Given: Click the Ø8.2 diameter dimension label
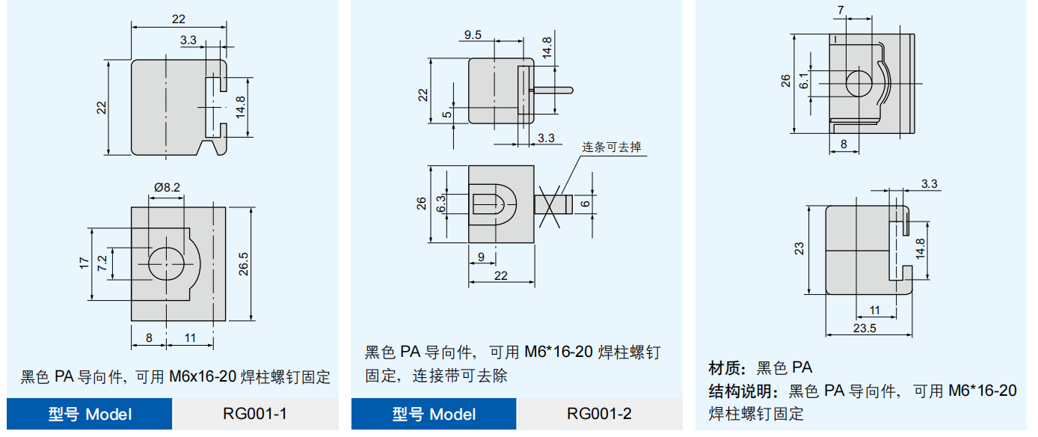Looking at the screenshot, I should click(x=167, y=187).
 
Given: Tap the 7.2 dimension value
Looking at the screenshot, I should click(x=102, y=263).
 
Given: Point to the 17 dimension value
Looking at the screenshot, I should click(x=84, y=263).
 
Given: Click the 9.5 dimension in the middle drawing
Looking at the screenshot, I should click(x=473, y=34).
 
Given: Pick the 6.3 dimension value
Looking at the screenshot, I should click(x=440, y=203).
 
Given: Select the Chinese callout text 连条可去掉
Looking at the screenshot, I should click(x=612, y=147).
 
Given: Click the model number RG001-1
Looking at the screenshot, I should click(x=254, y=414).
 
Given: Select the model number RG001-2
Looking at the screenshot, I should click(x=599, y=414).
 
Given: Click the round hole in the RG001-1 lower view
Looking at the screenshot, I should click(x=165, y=263).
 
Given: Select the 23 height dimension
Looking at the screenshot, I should click(x=799, y=248).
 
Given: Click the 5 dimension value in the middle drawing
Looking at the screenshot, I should click(x=446, y=114).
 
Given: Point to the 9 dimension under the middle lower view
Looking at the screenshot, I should click(x=481, y=257).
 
